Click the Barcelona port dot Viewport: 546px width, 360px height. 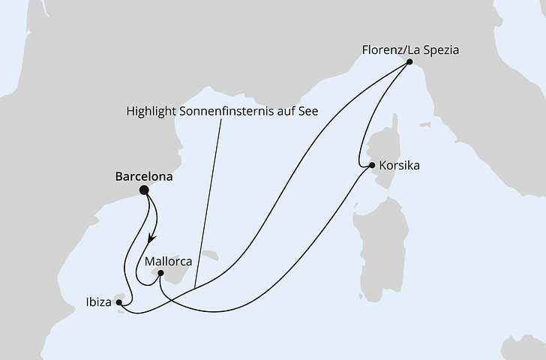click(144, 190)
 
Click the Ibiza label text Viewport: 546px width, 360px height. click(97, 303)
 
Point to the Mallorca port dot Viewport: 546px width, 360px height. click(161, 274)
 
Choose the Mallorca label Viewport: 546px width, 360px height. click(168, 262)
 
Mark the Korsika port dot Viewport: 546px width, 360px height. click(371, 165)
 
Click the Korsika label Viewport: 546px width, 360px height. click(399, 165)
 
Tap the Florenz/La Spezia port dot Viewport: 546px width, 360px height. click(409, 63)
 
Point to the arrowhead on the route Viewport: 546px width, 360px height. click(151, 238)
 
